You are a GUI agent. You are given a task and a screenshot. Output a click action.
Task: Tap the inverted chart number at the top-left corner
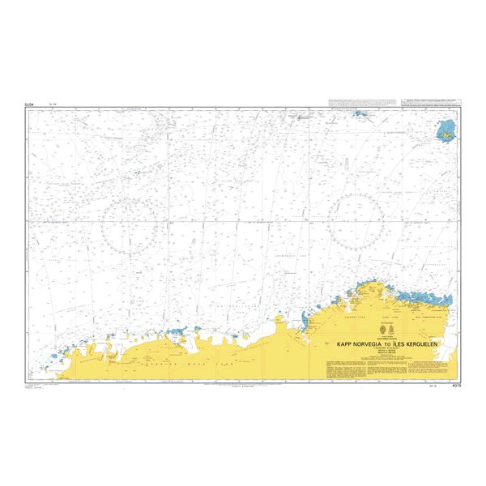[30, 104]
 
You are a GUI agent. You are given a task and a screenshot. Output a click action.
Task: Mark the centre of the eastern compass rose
[356, 220]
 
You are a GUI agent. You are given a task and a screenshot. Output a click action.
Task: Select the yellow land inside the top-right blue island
[446, 130]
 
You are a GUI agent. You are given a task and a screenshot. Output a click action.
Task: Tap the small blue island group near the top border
[359, 116]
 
